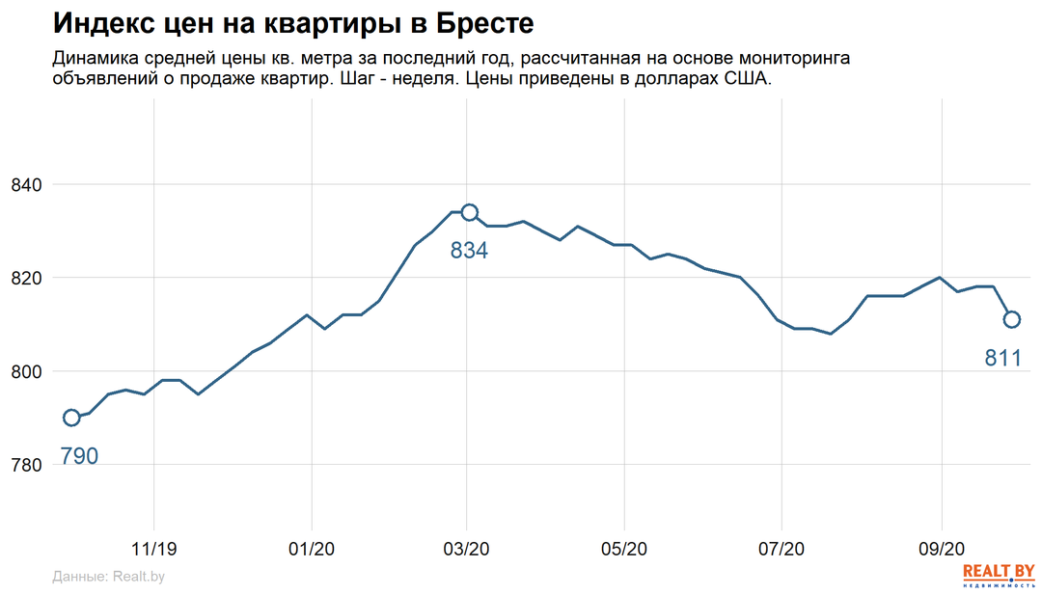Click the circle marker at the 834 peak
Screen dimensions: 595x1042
point(469,212)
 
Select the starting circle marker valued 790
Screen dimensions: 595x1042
point(71,418)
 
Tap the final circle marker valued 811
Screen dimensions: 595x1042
point(1012,319)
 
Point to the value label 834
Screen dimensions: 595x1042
point(469,251)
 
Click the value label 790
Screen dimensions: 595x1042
point(79,456)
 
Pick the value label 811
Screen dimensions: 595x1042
point(1002,359)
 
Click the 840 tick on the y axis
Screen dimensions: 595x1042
point(27,184)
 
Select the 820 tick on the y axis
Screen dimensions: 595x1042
point(27,278)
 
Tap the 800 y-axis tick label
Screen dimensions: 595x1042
point(27,371)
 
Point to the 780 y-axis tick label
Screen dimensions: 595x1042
point(27,465)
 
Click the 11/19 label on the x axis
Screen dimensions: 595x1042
point(154,549)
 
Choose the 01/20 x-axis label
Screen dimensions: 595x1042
point(312,549)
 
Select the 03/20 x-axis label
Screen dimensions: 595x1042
point(467,549)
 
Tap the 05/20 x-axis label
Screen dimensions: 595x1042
point(624,549)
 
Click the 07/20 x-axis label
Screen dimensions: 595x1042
point(781,549)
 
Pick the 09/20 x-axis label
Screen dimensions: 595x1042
point(940,549)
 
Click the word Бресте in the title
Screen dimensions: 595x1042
point(480,23)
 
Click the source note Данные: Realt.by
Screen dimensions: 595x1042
point(108,577)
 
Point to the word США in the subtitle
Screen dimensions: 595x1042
point(749,79)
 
